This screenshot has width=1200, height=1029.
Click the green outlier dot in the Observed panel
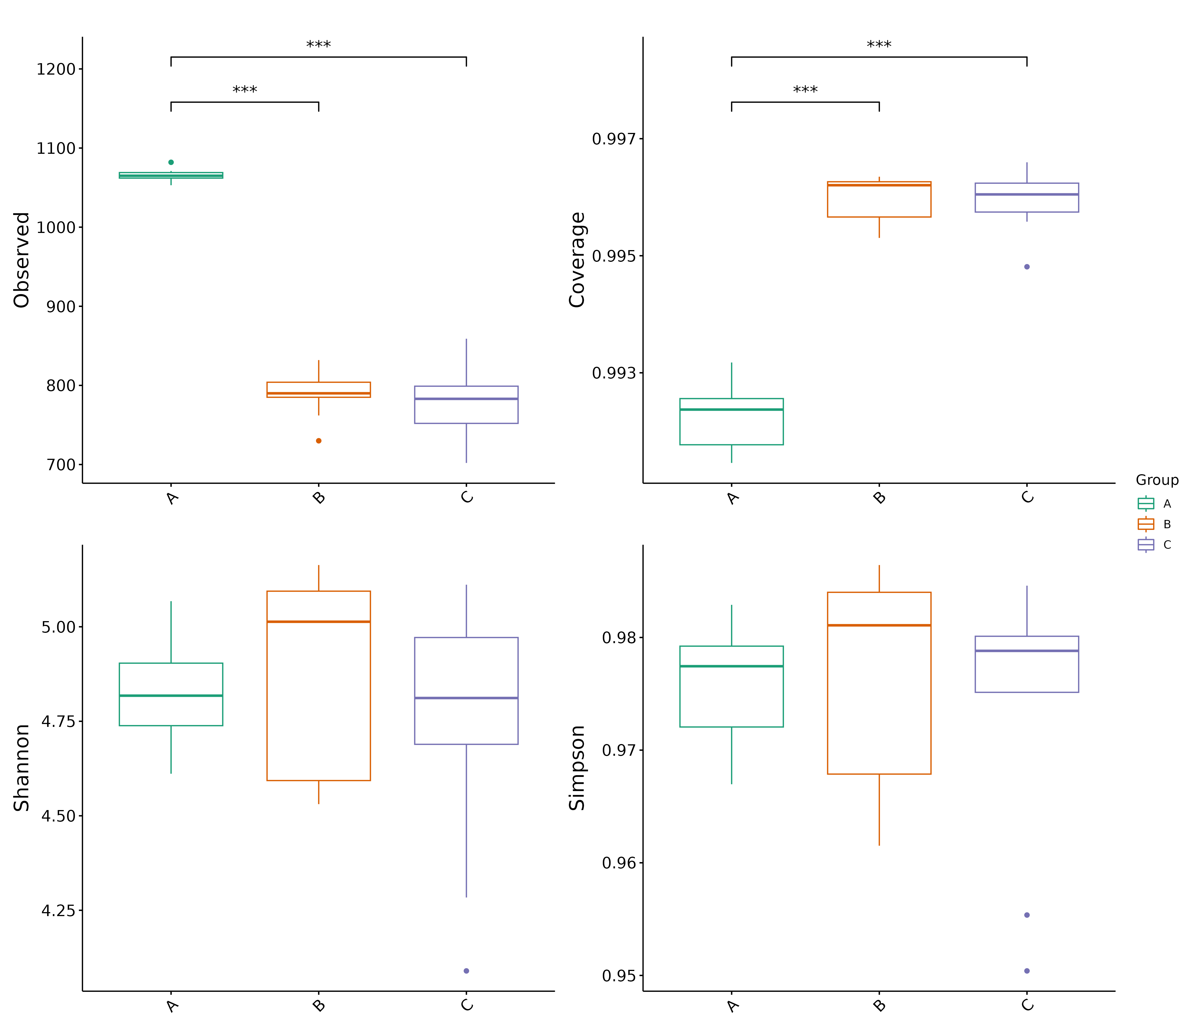[171, 162]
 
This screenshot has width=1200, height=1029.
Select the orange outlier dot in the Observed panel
[319, 441]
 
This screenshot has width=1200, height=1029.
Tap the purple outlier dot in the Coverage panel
[1027, 267]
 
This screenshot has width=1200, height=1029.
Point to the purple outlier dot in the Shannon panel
[466, 971]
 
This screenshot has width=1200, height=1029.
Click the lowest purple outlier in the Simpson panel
[1027, 971]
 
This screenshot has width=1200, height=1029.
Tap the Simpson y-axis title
[577, 768]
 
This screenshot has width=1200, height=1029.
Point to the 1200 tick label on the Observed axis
[56, 69]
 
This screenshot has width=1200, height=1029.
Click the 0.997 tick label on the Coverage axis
[613, 139]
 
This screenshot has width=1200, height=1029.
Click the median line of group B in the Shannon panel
[319, 622]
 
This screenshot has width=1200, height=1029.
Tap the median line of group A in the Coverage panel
[731, 410]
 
